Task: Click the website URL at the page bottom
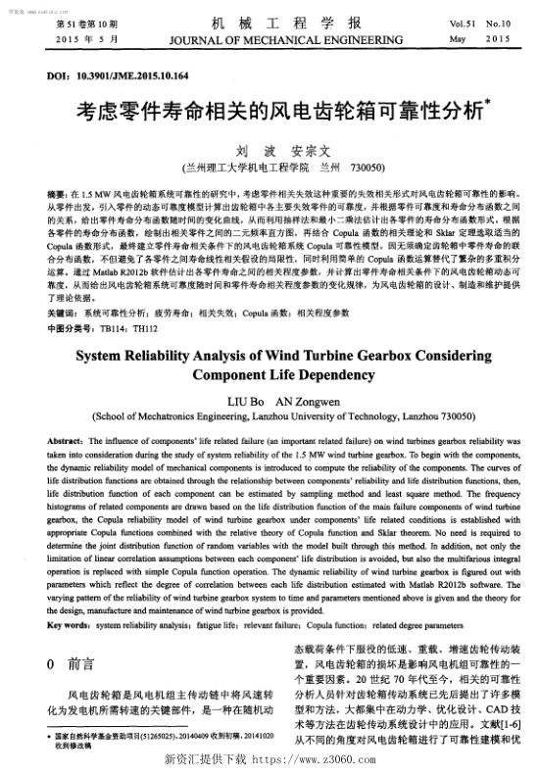tap(310, 759)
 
